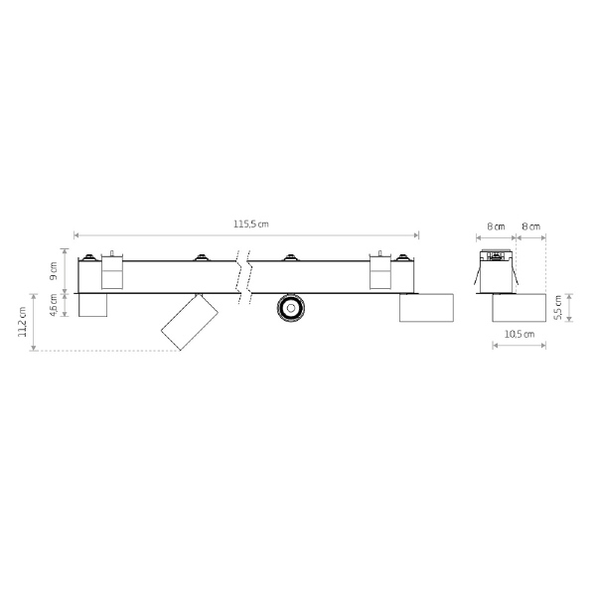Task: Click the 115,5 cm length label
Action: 251,223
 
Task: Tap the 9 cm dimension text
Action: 54,270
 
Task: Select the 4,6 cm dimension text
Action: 54,305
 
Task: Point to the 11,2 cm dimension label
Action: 22,322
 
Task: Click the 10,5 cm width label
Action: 520,334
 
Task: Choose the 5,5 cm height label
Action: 558,308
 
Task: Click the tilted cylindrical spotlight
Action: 190,322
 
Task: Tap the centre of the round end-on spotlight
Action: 291,308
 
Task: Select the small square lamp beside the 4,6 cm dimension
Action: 92,305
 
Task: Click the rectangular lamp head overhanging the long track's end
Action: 426,308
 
